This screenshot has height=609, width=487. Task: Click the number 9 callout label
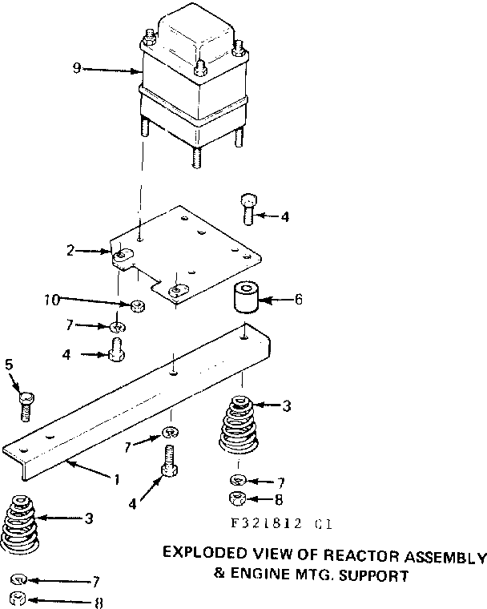pyautogui.click(x=77, y=69)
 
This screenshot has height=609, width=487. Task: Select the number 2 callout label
pyautogui.click(x=70, y=251)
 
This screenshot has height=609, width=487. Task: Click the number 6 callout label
pyautogui.click(x=298, y=300)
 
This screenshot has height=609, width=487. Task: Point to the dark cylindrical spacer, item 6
pyautogui.click(x=247, y=299)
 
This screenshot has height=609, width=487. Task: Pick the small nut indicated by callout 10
pyautogui.click(x=138, y=305)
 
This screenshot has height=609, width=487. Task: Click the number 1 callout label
pyautogui.click(x=116, y=480)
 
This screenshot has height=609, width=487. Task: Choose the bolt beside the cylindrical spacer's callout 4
pyautogui.click(x=247, y=209)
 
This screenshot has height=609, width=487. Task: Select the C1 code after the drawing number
pyautogui.click(x=322, y=525)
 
